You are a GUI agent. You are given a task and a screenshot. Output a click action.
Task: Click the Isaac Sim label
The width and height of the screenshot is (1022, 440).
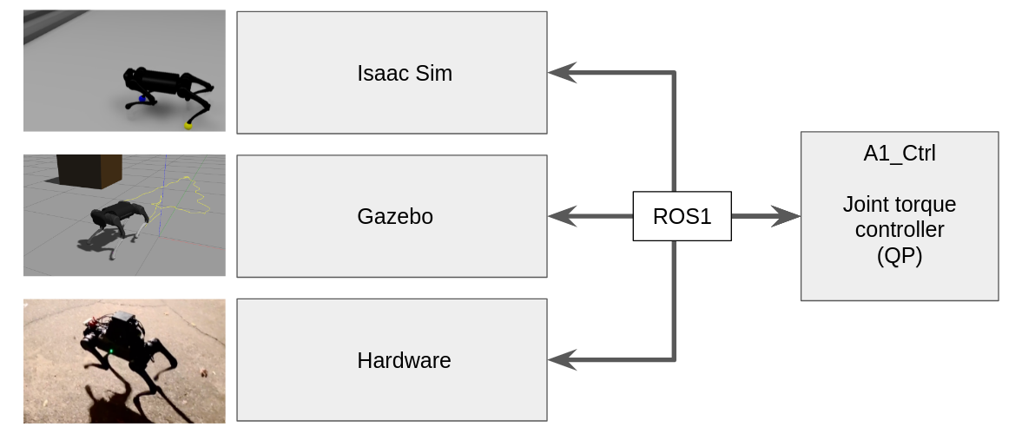pyautogui.click(x=404, y=73)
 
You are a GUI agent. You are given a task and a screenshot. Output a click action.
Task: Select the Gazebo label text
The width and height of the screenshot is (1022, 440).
pyautogui.click(x=394, y=216)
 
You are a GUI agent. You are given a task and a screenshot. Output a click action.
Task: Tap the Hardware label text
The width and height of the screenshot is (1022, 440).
pyautogui.click(x=404, y=360)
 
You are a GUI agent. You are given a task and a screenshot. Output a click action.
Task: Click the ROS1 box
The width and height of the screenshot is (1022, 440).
pyautogui.click(x=682, y=216)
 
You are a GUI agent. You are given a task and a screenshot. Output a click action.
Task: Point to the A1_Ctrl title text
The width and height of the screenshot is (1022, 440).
pyautogui.click(x=899, y=154)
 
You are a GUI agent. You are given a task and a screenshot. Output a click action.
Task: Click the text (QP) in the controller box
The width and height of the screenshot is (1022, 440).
pyautogui.click(x=899, y=256)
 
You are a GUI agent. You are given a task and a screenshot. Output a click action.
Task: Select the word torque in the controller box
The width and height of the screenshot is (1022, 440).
pyautogui.click(x=923, y=205)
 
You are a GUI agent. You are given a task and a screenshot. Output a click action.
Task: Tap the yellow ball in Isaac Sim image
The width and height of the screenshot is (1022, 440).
pyautogui.click(x=188, y=126)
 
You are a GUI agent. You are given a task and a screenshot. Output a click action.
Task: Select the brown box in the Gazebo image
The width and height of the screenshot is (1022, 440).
pyautogui.click(x=89, y=171)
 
